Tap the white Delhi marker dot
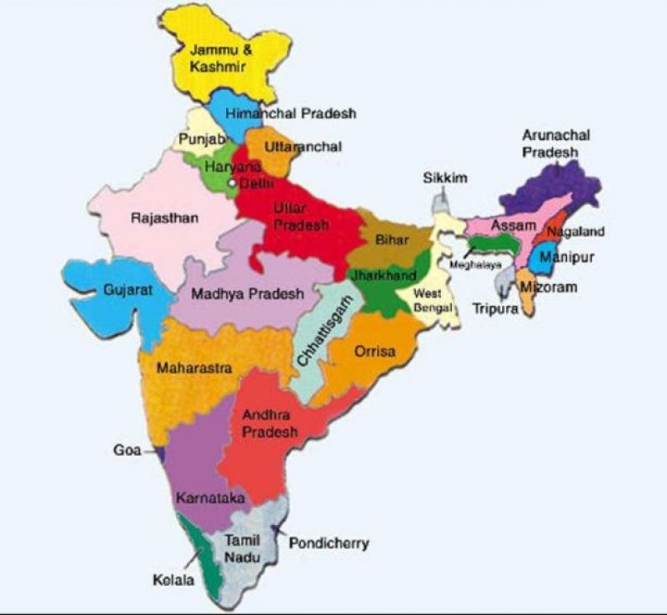233,182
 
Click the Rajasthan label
165,218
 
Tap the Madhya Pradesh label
247,294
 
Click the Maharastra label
198,367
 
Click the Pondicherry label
328,543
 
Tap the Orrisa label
375,352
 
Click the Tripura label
495,307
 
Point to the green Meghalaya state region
492,244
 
